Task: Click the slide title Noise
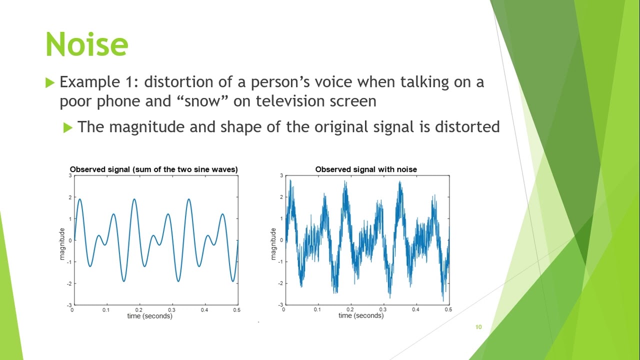click(86, 44)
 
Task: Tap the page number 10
click(478, 327)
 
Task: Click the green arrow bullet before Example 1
click(49, 82)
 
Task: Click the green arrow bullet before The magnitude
click(68, 128)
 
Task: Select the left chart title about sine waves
click(154, 169)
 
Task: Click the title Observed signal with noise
click(366, 169)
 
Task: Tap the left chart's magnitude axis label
click(62, 243)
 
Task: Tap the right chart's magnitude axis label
click(273, 243)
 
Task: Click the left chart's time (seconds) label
click(149, 316)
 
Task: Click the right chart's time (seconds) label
click(361, 315)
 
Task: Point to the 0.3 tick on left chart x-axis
click(171, 310)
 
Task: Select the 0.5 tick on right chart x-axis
click(448, 309)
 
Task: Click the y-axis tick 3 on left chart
click(70, 176)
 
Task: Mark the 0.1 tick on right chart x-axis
click(317, 309)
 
